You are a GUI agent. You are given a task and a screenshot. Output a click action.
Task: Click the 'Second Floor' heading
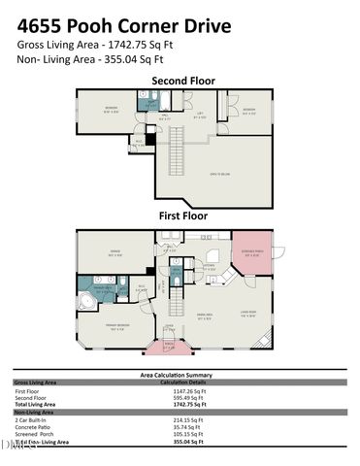pyautogui.click(x=183, y=81)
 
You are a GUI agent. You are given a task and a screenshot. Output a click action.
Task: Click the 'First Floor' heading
pyautogui.click(x=183, y=217)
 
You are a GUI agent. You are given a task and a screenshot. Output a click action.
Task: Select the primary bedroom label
pyautogui.click(x=116, y=328)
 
